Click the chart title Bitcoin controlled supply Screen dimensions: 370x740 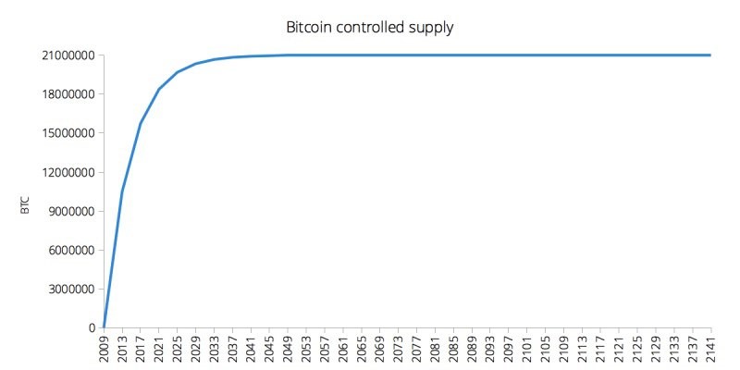(x=370, y=27)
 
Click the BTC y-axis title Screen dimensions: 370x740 (x=25, y=204)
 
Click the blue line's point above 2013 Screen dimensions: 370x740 (x=122, y=191)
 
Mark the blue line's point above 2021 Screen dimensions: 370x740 (x=159, y=89)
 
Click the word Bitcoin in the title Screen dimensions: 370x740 (x=313, y=27)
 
